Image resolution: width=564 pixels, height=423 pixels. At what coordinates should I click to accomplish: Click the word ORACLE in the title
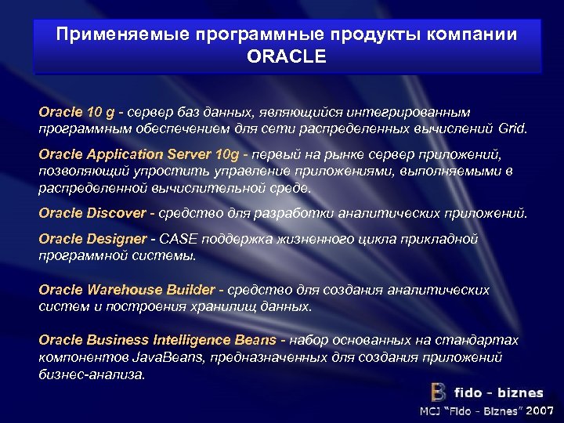click(x=286, y=57)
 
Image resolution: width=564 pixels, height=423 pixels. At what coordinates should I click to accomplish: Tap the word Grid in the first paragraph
click(x=512, y=128)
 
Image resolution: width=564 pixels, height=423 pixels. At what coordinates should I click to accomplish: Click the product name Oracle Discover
click(x=92, y=212)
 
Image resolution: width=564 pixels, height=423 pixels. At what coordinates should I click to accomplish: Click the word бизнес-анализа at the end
click(x=92, y=374)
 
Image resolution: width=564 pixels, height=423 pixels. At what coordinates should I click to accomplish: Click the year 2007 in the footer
click(x=540, y=410)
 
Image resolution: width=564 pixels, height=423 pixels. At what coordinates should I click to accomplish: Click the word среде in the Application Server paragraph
click(x=289, y=188)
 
